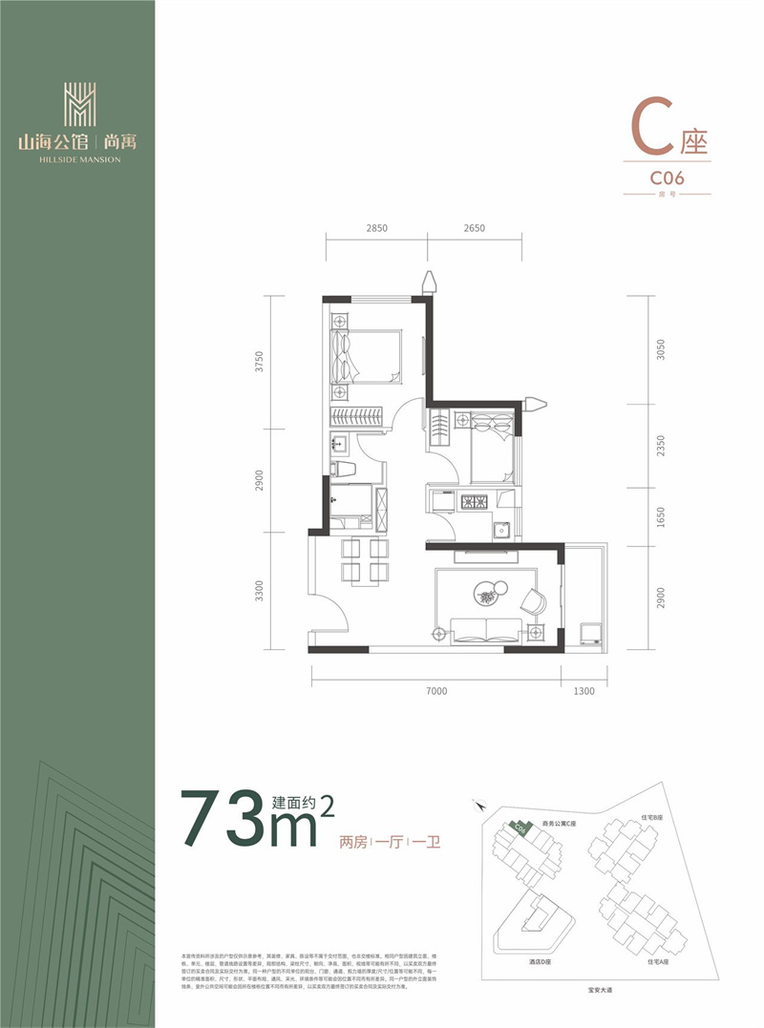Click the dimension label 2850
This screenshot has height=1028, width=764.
(x=377, y=228)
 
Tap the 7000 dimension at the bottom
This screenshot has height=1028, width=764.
(x=436, y=690)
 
